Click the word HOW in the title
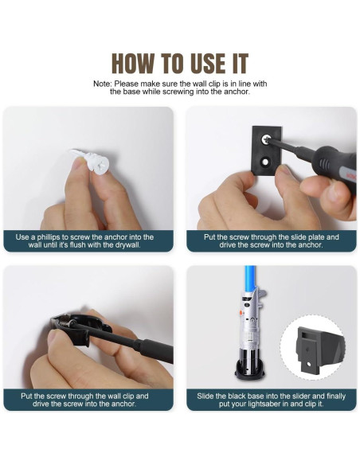[x=133, y=63]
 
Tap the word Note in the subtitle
[x=102, y=84]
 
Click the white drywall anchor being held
[x=92, y=162]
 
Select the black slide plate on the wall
[x=267, y=151]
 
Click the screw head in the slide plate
[x=264, y=139]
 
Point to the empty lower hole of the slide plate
[x=264, y=162]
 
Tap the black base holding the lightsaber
[x=250, y=370]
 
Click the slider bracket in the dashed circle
[x=319, y=349]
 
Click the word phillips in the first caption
[x=49, y=237]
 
